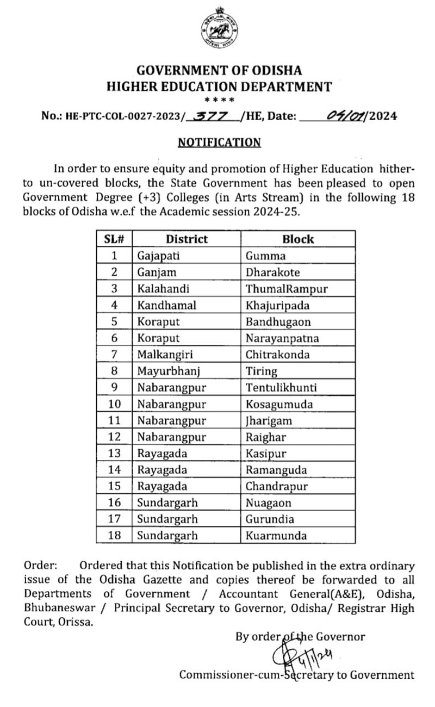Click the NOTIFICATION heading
click(x=220, y=142)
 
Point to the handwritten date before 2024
click(x=346, y=116)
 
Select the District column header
click(x=187, y=239)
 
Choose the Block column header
click(x=298, y=239)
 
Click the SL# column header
click(x=114, y=239)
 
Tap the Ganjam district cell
click(x=154, y=272)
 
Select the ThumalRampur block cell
click(x=287, y=289)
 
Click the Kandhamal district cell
click(x=162, y=305)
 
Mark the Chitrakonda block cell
click(x=277, y=355)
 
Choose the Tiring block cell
click(x=261, y=371)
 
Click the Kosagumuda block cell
click(x=279, y=404)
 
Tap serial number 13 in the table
click(x=114, y=454)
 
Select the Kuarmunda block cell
click(x=276, y=536)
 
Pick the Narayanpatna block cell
click(x=282, y=338)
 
